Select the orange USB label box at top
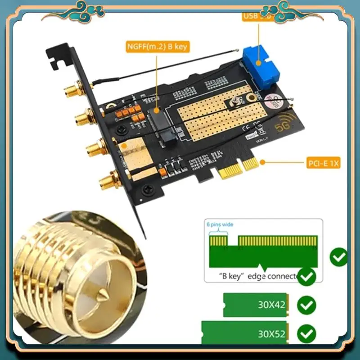pyautogui.click(x=258, y=17)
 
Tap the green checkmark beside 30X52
pyautogui.click(x=307, y=333)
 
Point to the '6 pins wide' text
pyautogui.click(x=220, y=225)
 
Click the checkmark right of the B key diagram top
pyautogui.click(x=338, y=257)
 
